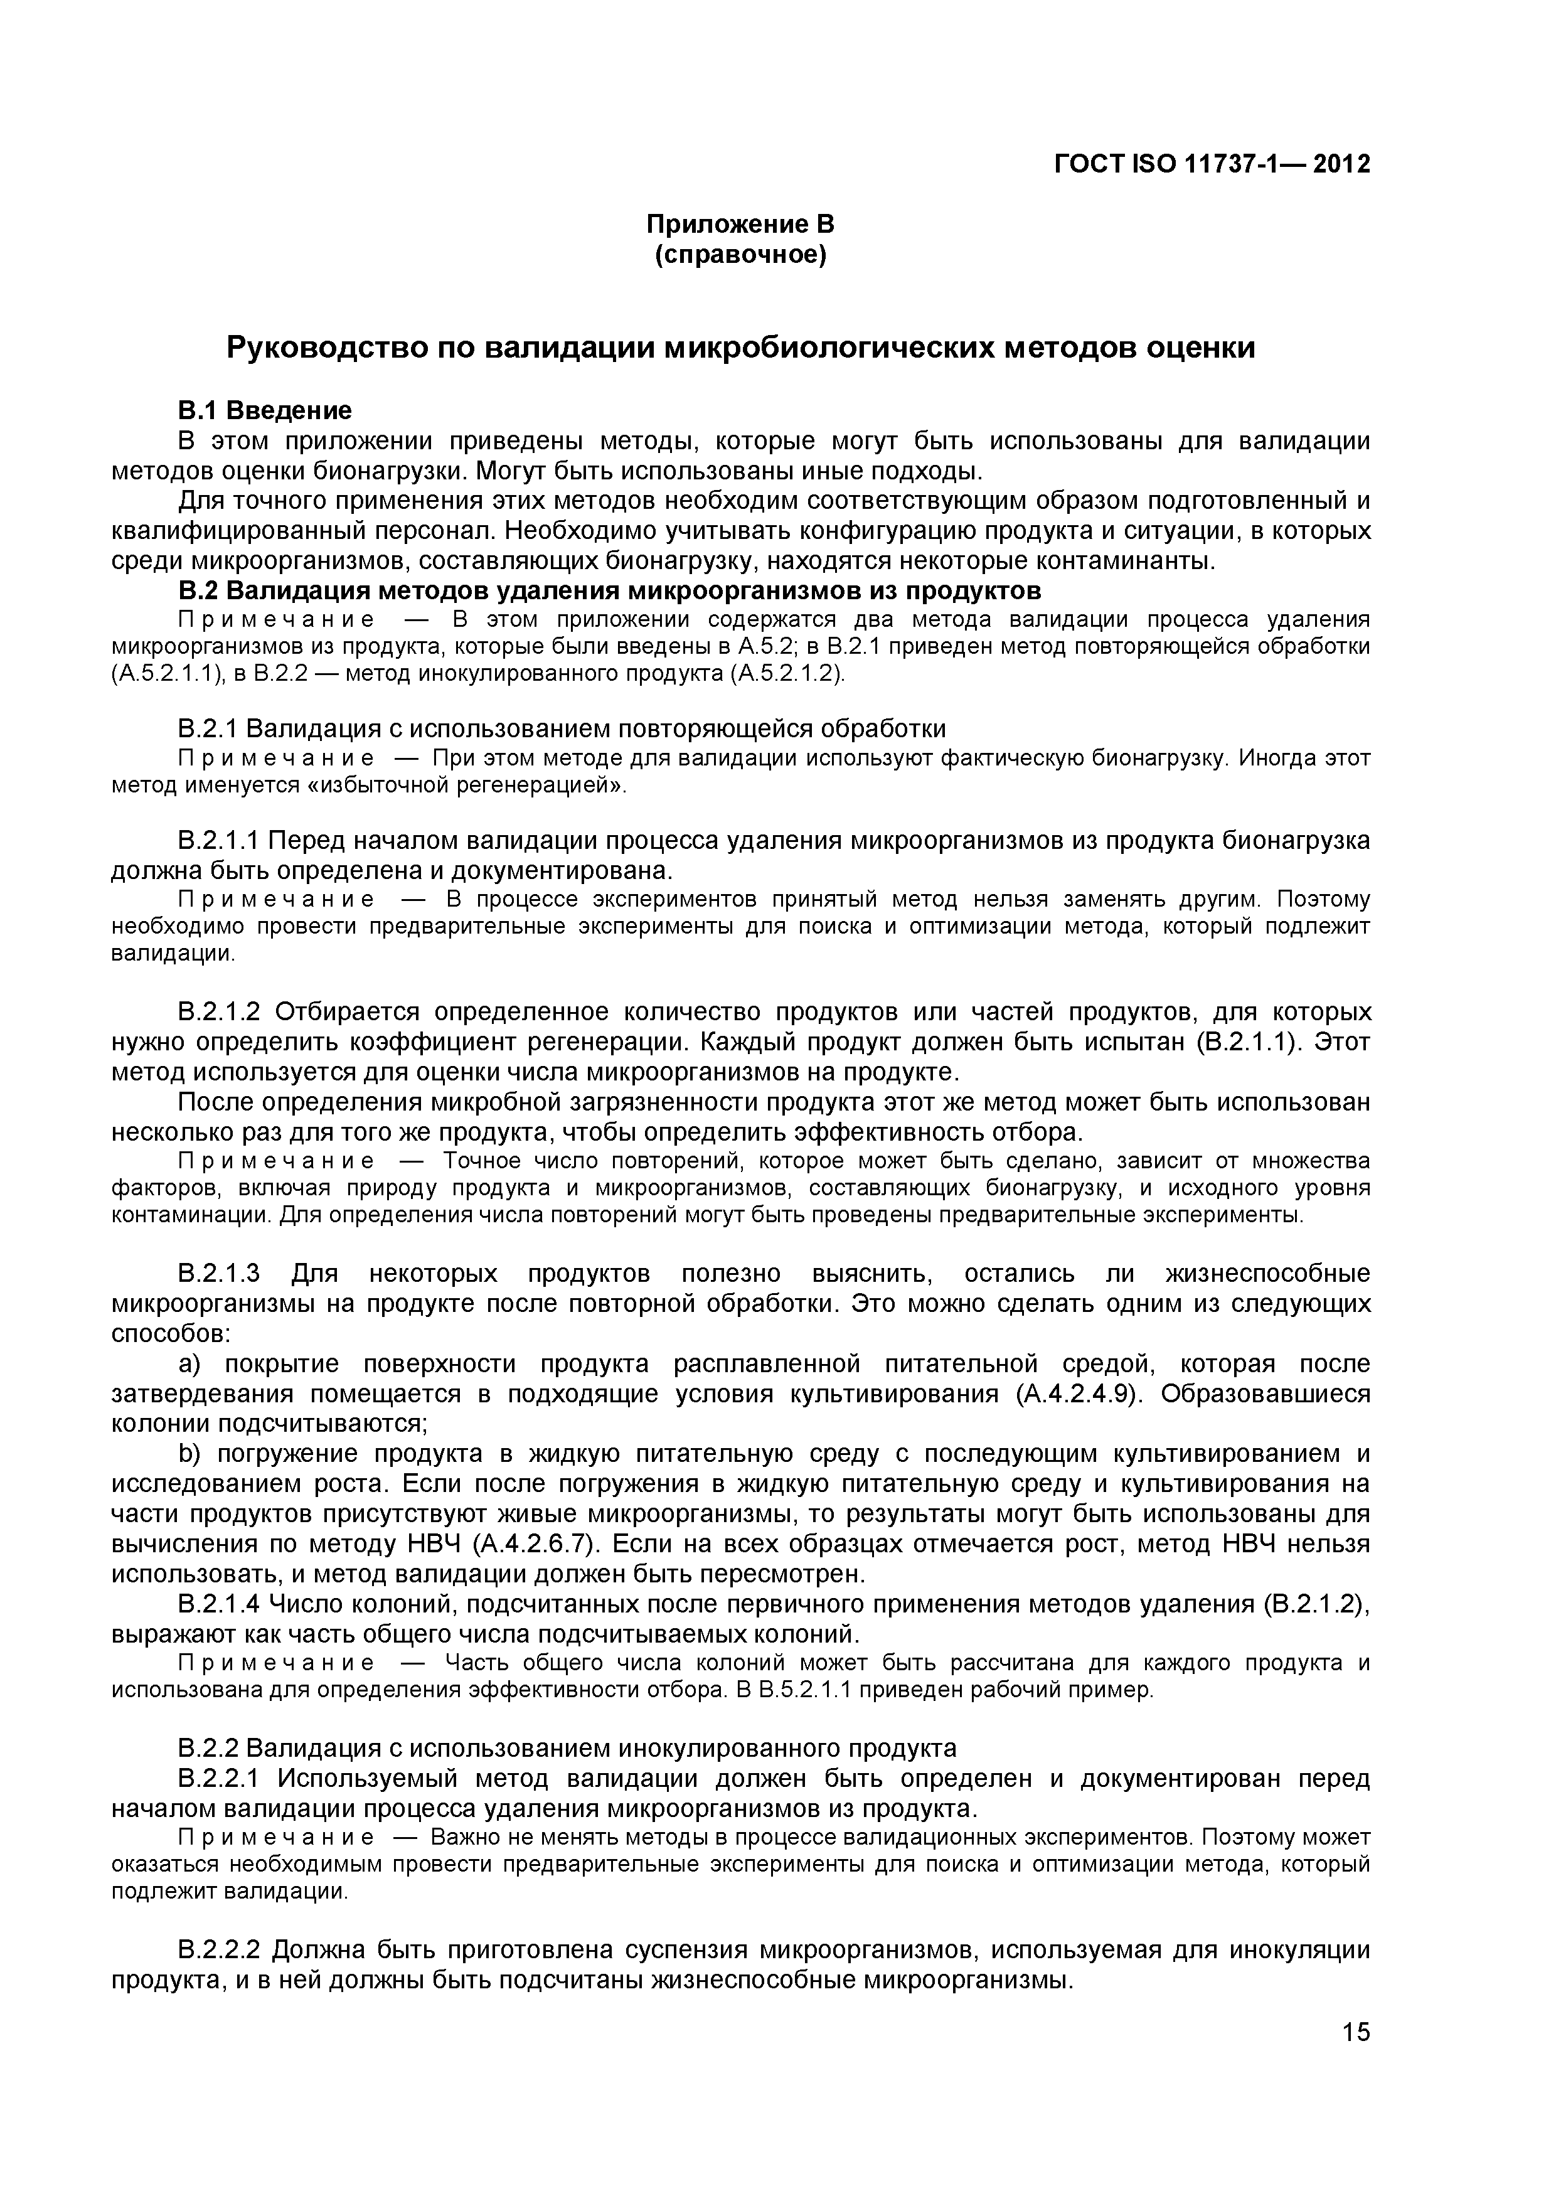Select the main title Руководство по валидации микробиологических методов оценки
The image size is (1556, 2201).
[740, 347]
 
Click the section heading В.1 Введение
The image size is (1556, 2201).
[265, 410]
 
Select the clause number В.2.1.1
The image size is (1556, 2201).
[218, 841]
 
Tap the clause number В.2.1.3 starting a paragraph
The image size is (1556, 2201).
[218, 1274]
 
